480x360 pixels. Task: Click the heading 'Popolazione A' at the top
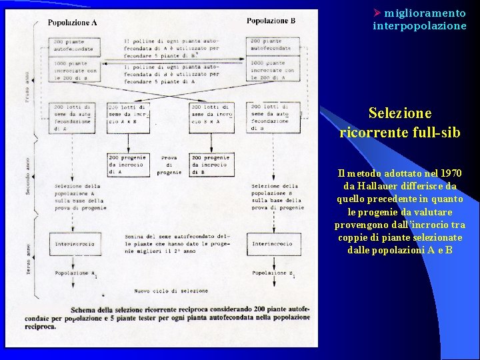73,22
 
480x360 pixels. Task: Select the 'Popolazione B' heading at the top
271,21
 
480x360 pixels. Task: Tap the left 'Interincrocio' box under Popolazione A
75,244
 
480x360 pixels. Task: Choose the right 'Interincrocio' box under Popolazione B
272,244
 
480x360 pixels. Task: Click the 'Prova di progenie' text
169,165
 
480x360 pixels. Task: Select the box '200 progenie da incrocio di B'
212,165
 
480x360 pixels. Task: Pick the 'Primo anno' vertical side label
27,87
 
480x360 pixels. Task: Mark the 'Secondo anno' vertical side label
27,175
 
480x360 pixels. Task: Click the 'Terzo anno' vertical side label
27,255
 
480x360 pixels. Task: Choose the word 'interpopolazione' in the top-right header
419,26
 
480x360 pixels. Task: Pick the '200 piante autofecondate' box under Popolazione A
75,46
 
